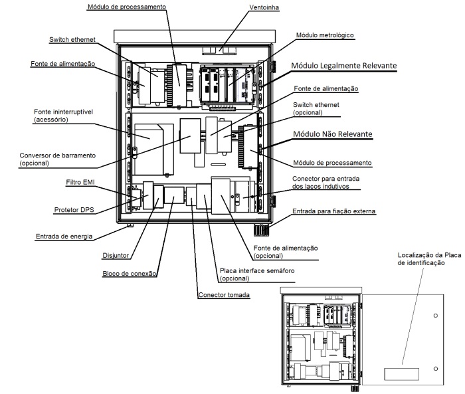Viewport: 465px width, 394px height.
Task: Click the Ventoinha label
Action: click(264, 7)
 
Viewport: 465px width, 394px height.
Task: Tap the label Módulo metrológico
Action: click(325, 35)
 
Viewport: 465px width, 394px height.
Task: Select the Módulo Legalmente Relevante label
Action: click(343, 66)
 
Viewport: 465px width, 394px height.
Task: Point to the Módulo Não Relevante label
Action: click(332, 134)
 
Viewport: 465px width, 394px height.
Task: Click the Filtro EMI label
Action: click(80, 182)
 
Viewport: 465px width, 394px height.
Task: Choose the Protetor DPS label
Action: click(74, 210)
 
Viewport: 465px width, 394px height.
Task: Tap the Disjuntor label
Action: click(116, 255)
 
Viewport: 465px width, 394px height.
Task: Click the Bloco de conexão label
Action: click(130, 274)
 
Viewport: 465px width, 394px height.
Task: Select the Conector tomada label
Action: click(224, 295)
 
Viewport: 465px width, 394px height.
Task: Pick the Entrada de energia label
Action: click(64, 237)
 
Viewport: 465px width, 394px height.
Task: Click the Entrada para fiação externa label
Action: click(334, 211)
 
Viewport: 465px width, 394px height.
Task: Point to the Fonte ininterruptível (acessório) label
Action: click(63, 116)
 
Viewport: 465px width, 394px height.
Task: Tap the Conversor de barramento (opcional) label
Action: click(58, 159)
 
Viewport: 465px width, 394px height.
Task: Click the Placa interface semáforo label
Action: click(257, 274)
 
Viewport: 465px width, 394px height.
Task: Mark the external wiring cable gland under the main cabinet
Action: click(260, 231)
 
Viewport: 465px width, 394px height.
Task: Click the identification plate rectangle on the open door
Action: click(401, 374)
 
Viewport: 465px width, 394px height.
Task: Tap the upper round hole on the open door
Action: click(435, 316)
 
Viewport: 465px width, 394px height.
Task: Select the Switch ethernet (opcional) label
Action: click(316, 108)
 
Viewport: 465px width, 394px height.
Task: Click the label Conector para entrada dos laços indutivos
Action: click(325, 183)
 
